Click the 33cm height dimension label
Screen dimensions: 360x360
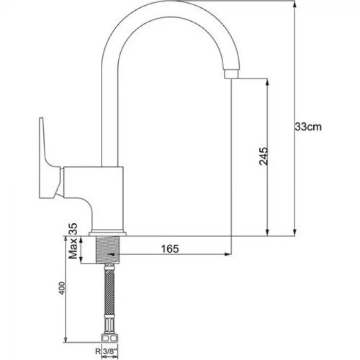(308, 127)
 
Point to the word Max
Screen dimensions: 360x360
(75, 251)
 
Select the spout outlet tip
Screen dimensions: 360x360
(231, 75)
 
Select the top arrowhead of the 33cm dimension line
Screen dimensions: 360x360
(295, 4)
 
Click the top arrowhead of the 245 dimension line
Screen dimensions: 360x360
(266, 82)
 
